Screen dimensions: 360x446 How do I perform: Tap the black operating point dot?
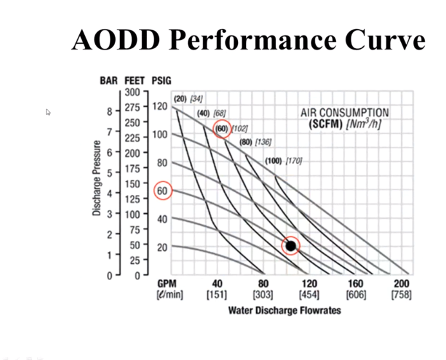(291, 245)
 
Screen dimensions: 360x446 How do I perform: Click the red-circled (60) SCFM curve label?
(222, 129)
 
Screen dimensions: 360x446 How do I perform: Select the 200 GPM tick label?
(402, 284)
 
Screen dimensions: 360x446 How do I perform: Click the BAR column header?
(109, 81)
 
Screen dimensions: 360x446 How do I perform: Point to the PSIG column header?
(161, 81)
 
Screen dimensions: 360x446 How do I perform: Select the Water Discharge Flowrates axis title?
(284, 310)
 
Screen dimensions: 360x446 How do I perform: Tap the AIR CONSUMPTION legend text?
(345, 113)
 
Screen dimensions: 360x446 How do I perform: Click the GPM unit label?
(167, 284)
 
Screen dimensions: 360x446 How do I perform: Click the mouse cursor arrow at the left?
(49, 112)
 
